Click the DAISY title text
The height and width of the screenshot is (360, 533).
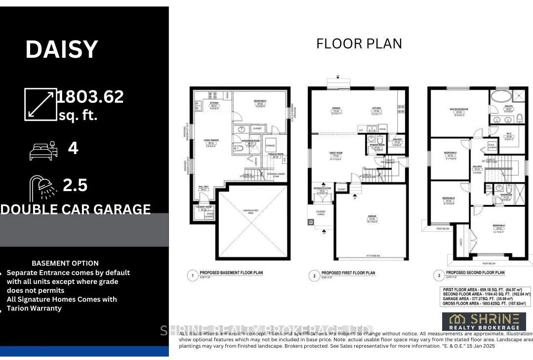pos(62,50)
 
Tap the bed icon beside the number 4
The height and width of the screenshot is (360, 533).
pos(42,150)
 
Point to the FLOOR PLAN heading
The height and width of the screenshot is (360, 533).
pos(359,43)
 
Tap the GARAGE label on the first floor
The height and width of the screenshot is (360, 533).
pos(371,216)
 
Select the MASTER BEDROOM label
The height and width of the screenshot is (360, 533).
pos(459,109)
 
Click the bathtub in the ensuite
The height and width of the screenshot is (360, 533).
pos(501,96)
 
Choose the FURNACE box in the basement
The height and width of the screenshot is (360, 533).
pos(270,146)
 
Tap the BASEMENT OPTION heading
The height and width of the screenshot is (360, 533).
pos(65,263)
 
